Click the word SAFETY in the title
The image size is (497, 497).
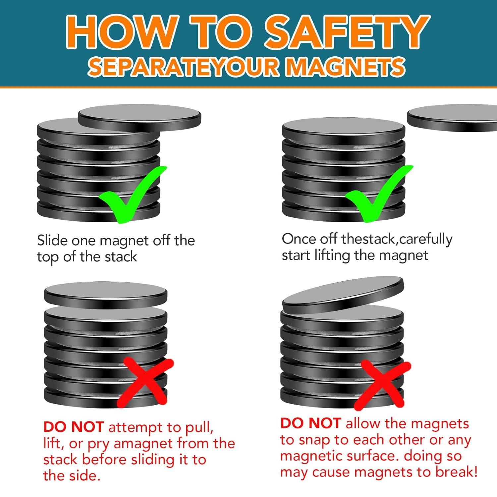click(x=347, y=32)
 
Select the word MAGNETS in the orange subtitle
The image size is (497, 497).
click(x=345, y=67)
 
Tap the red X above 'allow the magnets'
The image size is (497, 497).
click(x=382, y=385)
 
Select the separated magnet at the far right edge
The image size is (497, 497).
click(x=452, y=119)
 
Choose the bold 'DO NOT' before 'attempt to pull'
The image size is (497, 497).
click(x=74, y=427)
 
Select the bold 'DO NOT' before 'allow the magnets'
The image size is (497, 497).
click(x=310, y=423)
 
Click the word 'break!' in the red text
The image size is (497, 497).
click(x=457, y=472)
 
